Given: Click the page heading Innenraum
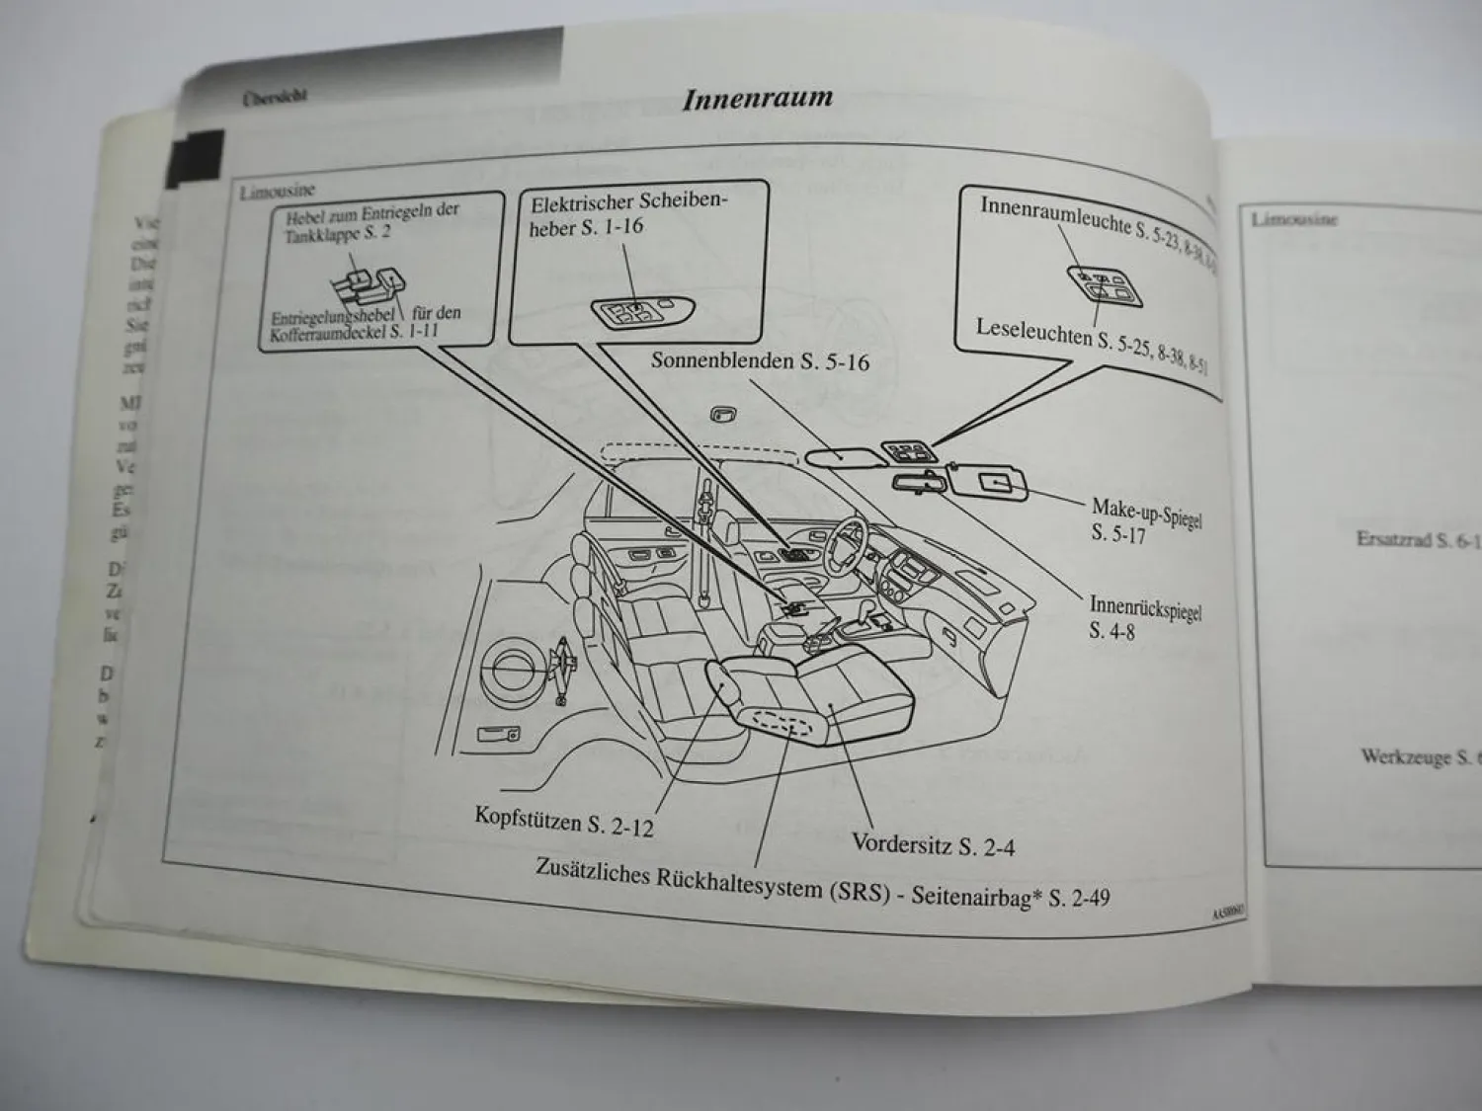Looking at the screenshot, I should point(757,99).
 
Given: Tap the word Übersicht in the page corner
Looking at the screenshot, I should point(275,96).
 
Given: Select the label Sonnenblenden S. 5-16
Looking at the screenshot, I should point(759,361).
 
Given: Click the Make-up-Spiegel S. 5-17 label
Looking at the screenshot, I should point(1145,520).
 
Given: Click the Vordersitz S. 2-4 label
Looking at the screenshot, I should point(933,844).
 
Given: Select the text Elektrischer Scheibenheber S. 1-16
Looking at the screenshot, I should point(628,214).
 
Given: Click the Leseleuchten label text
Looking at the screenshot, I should point(1034,332).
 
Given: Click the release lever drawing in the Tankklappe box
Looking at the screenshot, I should point(368,286).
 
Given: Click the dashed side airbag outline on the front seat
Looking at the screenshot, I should point(782,723).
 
